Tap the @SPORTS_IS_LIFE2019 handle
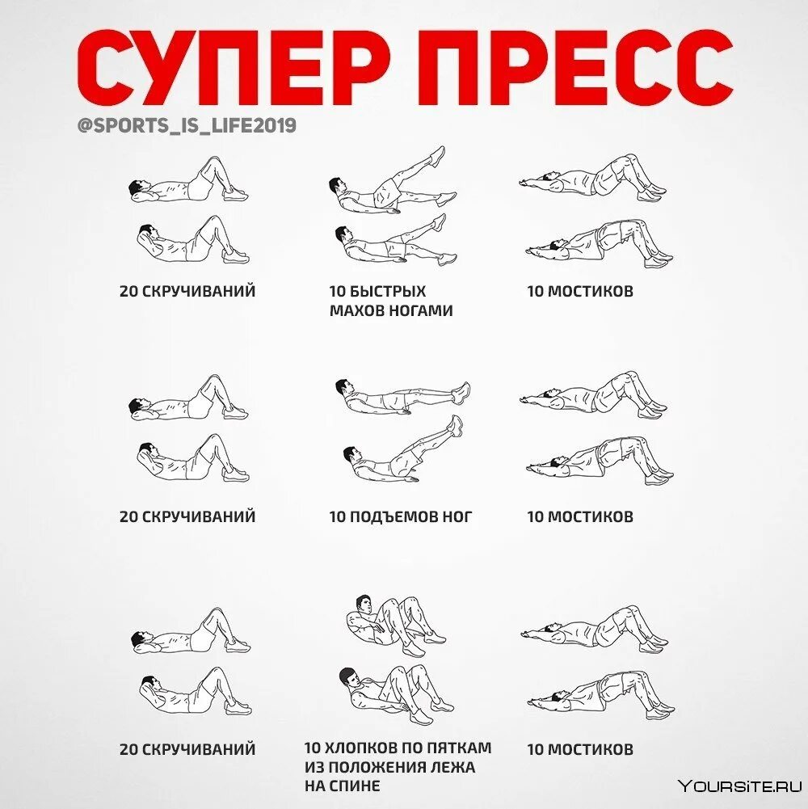pyautogui.click(x=187, y=126)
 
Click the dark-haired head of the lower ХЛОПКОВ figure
pyautogui.click(x=349, y=675)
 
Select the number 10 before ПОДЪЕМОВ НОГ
pyautogui.click(x=337, y=516)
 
